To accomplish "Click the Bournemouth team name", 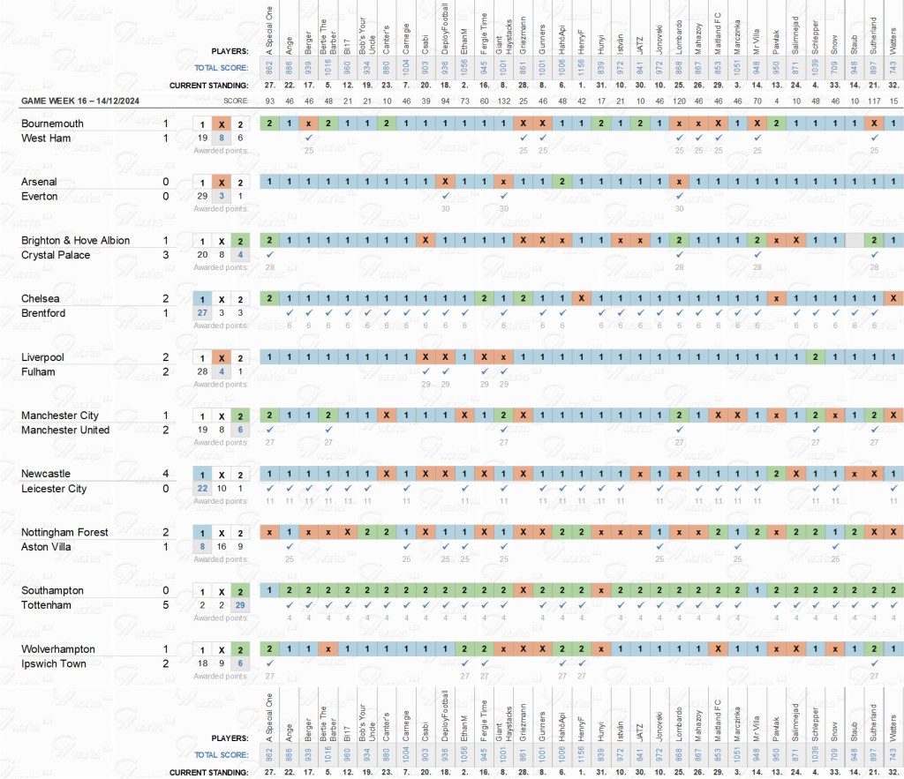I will (52, 124).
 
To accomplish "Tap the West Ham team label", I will (48, 139).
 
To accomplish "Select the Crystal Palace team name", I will (58, 255).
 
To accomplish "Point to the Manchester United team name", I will (65, 430).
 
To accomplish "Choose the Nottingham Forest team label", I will (64, 533).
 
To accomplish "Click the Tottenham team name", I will (49, 605).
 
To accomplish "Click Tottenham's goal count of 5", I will (166, 605).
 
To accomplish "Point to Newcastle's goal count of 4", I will (166, 474).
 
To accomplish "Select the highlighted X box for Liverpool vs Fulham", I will (222, 357).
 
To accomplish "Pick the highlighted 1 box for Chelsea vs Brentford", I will (202, 299).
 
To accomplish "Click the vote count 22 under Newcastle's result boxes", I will (202, 488).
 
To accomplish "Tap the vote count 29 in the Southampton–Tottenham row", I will (240, 604).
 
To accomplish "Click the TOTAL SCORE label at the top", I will (222, 67).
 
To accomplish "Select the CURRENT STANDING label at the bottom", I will (208, 773).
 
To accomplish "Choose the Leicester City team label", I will (54, 489).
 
